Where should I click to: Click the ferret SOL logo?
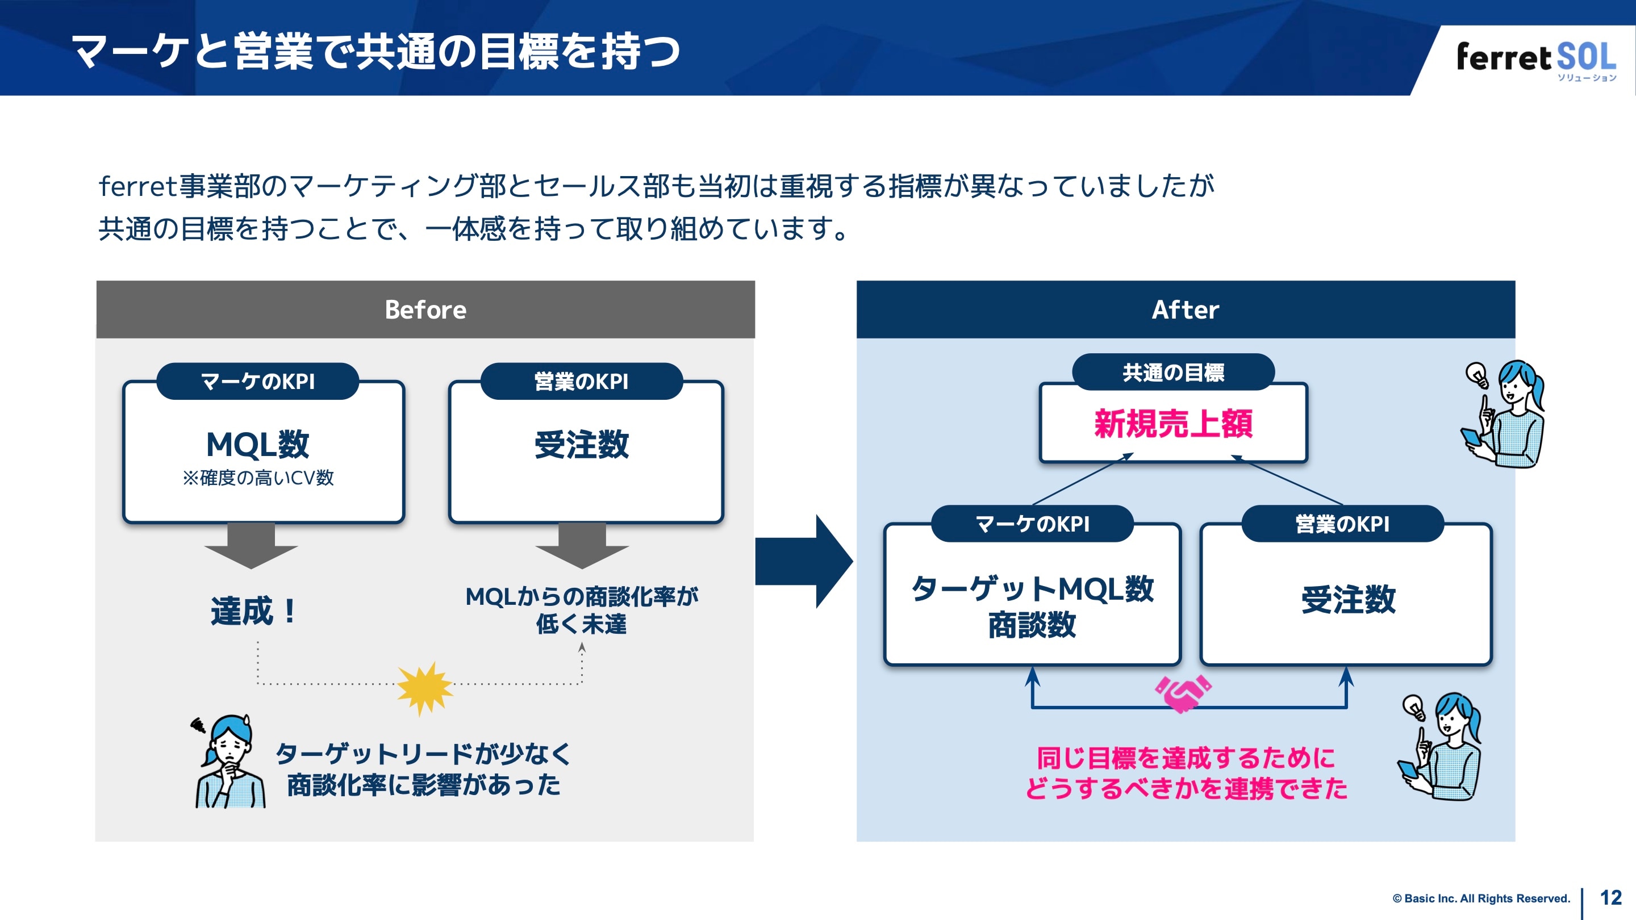pos(1535,58)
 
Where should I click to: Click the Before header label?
pos(425,310)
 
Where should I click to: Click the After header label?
pos(1185,310)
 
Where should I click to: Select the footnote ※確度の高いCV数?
pos(258,478)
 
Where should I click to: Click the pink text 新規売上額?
pos(1173,424)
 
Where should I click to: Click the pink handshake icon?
pos(1183,693)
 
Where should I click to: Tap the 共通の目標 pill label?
pos(1173,372)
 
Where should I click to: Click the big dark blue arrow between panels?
pos(803,561)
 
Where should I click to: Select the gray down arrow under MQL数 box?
pos(251,546)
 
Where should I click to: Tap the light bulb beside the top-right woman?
pos(1476,374)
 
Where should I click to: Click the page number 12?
pos(1610,898)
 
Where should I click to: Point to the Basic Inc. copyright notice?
pos(1480,898)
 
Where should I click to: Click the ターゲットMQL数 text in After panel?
pos(1032,588)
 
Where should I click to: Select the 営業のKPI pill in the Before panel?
pos(581,381)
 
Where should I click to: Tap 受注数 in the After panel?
pos(1347,599)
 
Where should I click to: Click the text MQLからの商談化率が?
pos(581,596)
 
